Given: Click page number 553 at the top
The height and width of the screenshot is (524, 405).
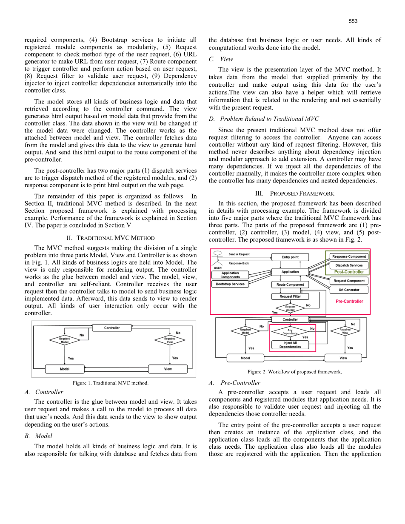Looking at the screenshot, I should (x=353, y=21).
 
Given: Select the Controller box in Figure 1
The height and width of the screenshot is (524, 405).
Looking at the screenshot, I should (x=112, y=328).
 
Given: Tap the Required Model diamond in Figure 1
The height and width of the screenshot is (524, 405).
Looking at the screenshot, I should (x=65, y=340).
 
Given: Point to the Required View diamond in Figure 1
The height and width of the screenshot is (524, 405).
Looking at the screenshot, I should (x=170, y=340).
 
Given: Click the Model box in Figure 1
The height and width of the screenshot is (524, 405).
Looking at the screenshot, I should (x=65, y=369).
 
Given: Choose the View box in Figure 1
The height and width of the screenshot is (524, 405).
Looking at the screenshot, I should (x=168, y=369).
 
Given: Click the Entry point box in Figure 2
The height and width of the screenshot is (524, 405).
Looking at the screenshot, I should (x=290, y=257).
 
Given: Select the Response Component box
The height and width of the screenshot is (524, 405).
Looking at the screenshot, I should (x=349, y=256).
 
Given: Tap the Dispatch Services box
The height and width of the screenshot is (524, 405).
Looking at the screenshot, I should (x=349, y=265).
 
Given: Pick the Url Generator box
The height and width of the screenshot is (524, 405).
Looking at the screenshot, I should (x=349, y=290).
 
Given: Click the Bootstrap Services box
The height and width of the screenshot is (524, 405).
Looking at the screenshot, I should (x=230, y=284).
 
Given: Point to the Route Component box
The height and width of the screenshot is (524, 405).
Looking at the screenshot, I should (x=290, y=285).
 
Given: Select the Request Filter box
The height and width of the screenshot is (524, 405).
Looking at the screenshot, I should (x=290, y=296).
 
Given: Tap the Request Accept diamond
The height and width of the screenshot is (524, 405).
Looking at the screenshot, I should (x=290, y=308).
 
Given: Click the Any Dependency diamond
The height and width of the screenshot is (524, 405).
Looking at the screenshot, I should (x=290, y=331).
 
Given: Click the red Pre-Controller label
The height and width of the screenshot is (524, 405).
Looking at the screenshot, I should (x=349, y=302).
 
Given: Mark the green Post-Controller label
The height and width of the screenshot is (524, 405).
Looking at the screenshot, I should (x=349, y=272).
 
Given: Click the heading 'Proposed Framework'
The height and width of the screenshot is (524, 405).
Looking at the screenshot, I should (x=295, y=194).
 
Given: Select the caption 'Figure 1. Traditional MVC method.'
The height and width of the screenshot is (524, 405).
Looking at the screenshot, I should (x=111, y=383).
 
